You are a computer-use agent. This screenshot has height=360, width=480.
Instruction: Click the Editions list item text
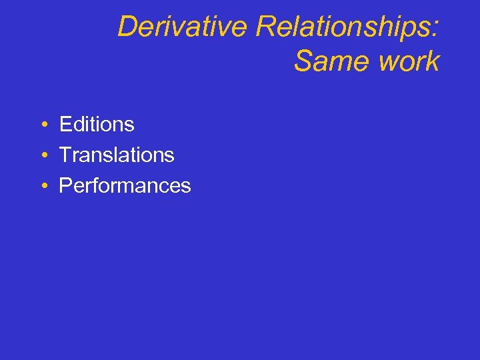(97, 124)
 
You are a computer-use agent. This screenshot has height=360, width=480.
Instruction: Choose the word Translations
(117, 155)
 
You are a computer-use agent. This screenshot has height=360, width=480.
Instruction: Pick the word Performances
(125, 185)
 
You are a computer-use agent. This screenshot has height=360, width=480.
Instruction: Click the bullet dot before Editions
(42, 125)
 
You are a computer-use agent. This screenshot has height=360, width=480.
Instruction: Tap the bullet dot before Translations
(42, 155)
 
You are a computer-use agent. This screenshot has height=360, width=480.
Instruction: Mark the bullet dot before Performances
(42, 186)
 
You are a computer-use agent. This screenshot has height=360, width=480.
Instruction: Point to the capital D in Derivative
(128, 27)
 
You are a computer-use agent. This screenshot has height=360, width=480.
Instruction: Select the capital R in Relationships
(265, 27)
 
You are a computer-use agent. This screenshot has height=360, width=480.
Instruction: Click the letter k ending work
(433, 61)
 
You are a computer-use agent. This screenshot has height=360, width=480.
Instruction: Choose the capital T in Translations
(66, 155)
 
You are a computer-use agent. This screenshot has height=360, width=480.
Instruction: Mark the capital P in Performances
(65, 185)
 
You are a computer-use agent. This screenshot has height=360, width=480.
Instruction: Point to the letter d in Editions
(80, 124)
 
